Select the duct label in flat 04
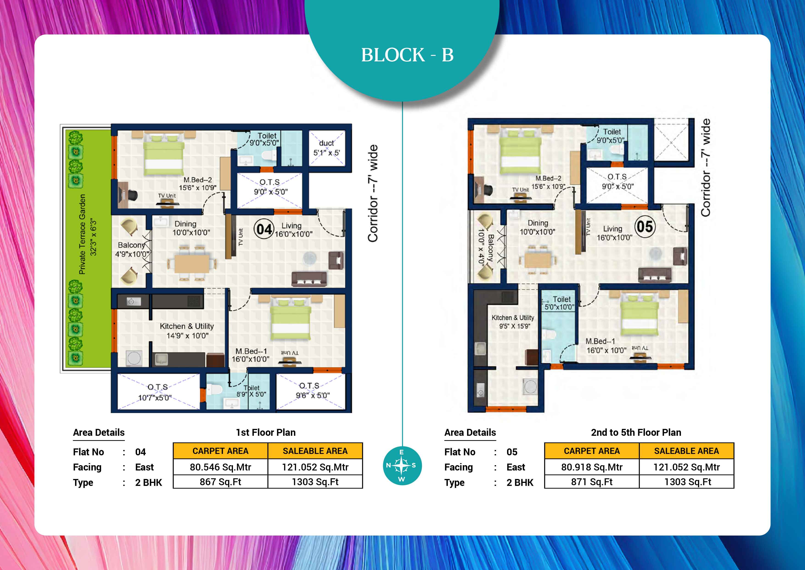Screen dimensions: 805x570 [x=326, y=143]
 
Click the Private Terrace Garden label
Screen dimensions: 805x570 [x=82, y=234]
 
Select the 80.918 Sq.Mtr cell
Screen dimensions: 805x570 [x=592, y=467]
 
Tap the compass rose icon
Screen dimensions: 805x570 [x=402, y=466]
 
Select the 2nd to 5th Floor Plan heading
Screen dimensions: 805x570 [x=636, y=432]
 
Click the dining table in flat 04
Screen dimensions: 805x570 [x=192, y=264]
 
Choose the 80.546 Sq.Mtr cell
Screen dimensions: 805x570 [x=221, y=467]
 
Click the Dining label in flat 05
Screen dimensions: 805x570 [x=538, y=223]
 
